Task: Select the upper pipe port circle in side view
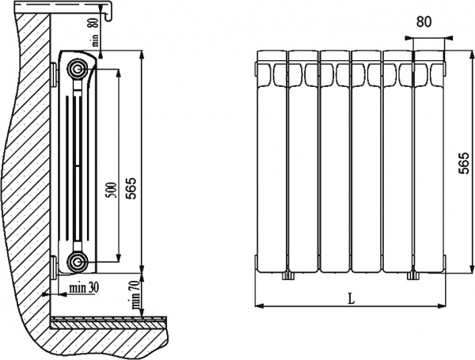tap(78, 66)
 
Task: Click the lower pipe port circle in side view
tap(78, 262)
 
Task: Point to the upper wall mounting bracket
tap(52, 76)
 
